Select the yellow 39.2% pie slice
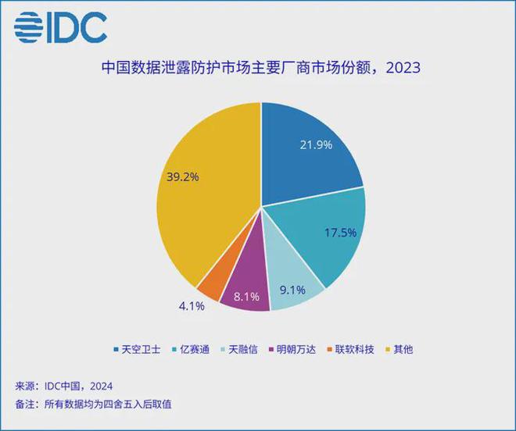[x=203, y=195]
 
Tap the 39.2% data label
[x=183, y=176]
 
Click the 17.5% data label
[x=339, y=232]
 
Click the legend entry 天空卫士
[x=137, y=349]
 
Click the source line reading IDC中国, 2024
[x=64, y=386]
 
